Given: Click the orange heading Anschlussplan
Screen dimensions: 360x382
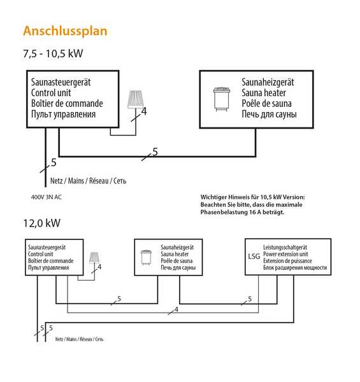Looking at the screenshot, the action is click(x=65, y=31).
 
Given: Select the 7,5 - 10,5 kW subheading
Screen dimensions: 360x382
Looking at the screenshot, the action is click(x=53, y=53).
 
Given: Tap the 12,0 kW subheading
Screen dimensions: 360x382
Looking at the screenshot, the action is click(x=41, y=223).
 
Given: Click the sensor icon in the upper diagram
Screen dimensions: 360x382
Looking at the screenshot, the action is click(x=135, y=99).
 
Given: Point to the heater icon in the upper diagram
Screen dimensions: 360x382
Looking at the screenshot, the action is click(x=222, y=99).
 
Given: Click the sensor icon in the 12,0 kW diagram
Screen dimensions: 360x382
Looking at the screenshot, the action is click(x=94, y=258).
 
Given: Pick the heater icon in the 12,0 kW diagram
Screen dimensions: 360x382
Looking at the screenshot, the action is click(x=147, y=257).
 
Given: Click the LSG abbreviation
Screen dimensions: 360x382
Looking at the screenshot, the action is click(x=254, y=257).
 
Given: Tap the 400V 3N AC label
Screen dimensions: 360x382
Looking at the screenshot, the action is click(x=47, y=197).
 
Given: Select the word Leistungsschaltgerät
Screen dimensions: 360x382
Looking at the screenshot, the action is click(x=285, y=247).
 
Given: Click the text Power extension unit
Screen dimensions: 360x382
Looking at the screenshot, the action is click(x=285, y=254).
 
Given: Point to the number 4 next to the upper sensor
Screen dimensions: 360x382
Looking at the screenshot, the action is click(x=144, y=111).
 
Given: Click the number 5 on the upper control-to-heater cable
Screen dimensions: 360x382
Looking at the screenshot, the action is click(x=155, y=152).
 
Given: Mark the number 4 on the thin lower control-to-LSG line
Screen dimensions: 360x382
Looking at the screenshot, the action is click(x=176, y=309).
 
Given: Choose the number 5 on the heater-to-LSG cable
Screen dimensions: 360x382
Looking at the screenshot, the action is click(x=250, y=299).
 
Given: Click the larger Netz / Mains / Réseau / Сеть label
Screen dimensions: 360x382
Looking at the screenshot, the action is click(x=88, y=181).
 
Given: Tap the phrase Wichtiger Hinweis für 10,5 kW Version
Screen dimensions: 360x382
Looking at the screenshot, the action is click(x=253, y=197).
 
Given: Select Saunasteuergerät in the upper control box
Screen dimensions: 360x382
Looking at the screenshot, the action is click(x=61, y=82).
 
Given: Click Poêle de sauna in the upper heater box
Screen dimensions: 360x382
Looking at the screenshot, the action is click(x=266, y=104).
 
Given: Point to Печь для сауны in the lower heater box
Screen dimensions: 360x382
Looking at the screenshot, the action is click(x=178, y=267).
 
